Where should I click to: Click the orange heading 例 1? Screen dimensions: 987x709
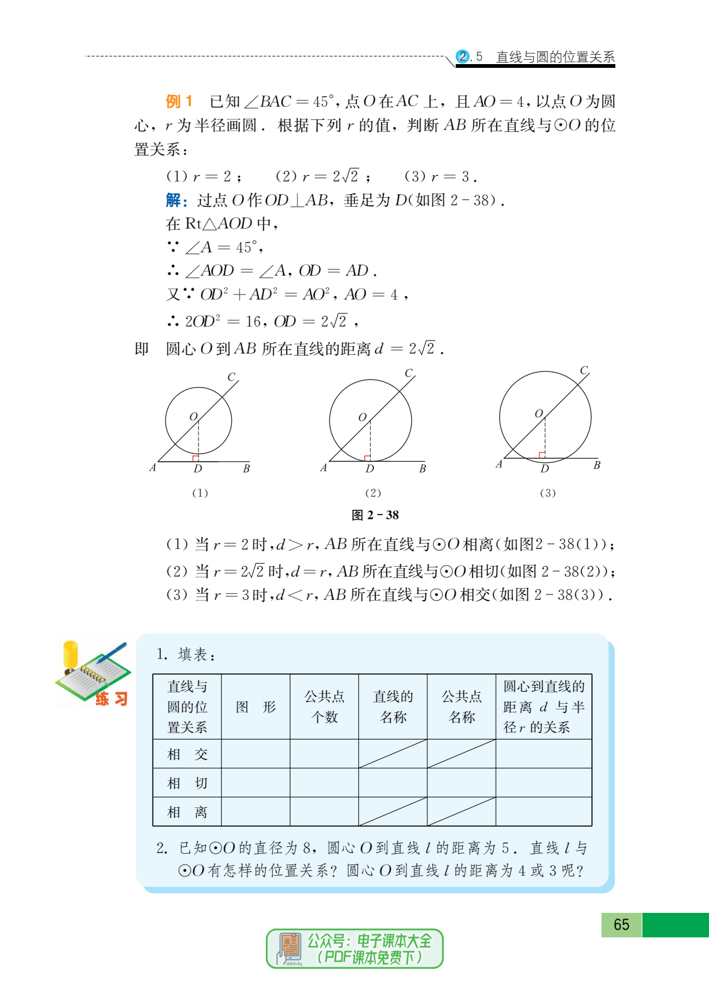179,101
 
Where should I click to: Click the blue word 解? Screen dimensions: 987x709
174,200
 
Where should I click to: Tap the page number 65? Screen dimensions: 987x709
621,924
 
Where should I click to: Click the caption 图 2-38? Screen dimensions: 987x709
375,515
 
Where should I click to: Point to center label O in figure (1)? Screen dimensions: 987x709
194,417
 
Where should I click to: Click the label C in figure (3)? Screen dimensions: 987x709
584,370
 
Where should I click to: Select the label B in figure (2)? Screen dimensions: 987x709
422,468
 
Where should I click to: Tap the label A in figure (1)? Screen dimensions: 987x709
153,467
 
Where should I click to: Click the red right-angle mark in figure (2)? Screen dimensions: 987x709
366,458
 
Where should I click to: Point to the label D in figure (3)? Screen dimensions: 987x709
544,469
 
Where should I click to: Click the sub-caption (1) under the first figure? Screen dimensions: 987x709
200,493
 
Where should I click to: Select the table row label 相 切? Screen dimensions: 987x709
187,783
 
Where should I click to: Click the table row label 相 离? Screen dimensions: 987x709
187,812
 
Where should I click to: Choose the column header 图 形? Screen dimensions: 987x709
256,707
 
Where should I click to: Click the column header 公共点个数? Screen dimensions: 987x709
324,707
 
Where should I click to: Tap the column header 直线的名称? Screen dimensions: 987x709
393,707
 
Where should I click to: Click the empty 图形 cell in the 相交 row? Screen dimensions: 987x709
256,754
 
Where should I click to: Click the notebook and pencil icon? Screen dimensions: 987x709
93,673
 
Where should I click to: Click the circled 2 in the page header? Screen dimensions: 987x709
463,57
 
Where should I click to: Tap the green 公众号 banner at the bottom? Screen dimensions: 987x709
355,949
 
